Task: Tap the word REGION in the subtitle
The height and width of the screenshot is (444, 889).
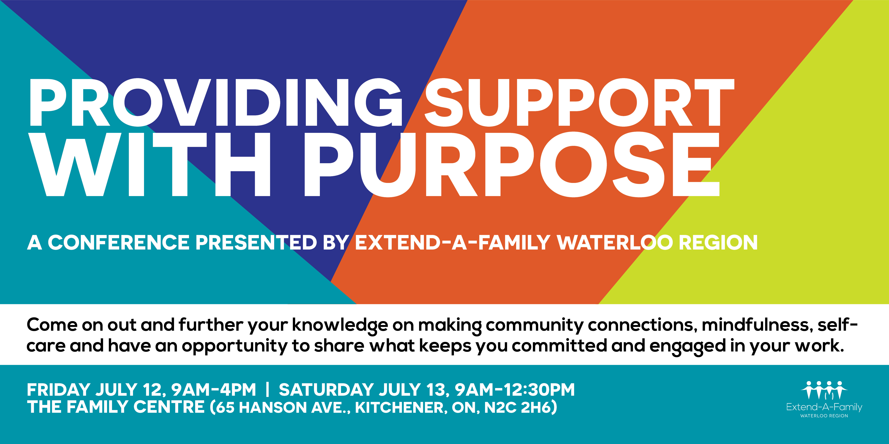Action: [718, 242]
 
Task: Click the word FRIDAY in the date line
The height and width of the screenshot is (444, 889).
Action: [59, 390]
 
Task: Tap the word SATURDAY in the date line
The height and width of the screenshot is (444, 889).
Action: [326, 390]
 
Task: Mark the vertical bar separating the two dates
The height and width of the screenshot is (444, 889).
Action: [267, 390]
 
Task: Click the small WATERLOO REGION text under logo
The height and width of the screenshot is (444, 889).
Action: [824, 416]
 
